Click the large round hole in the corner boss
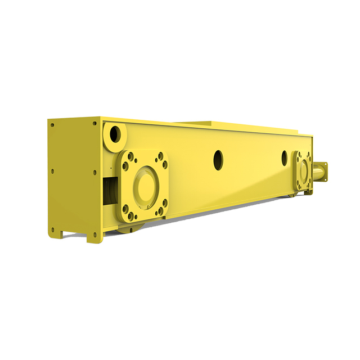coord(115,134)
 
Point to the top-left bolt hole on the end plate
coord(52,125)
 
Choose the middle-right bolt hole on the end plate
coord(94,172)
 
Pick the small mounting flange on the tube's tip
coord(325,172)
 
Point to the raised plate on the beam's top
coord(197,122)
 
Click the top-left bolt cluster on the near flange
coord(130,157)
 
